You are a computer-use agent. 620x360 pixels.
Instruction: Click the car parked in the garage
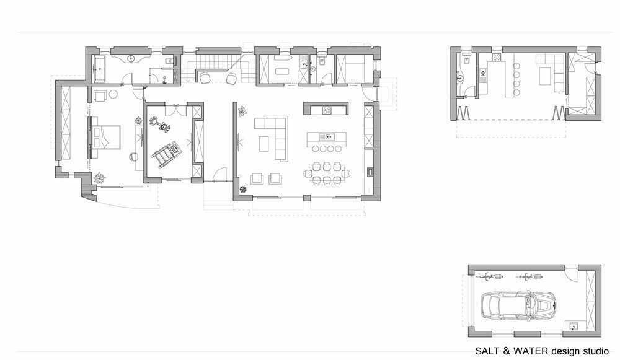519,306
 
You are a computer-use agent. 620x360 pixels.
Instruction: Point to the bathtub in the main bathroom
99,69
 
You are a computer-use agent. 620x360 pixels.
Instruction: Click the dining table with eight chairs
327,173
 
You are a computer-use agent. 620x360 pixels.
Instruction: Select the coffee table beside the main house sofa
264,144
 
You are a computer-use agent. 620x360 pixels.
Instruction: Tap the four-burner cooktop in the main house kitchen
327,110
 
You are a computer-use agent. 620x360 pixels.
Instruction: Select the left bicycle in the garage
490,276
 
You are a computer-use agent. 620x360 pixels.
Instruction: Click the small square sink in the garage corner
573,326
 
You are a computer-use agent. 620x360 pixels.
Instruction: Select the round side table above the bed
113,94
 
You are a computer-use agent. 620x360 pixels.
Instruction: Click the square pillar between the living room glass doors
306,198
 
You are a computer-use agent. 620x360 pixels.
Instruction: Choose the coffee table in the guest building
545,76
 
